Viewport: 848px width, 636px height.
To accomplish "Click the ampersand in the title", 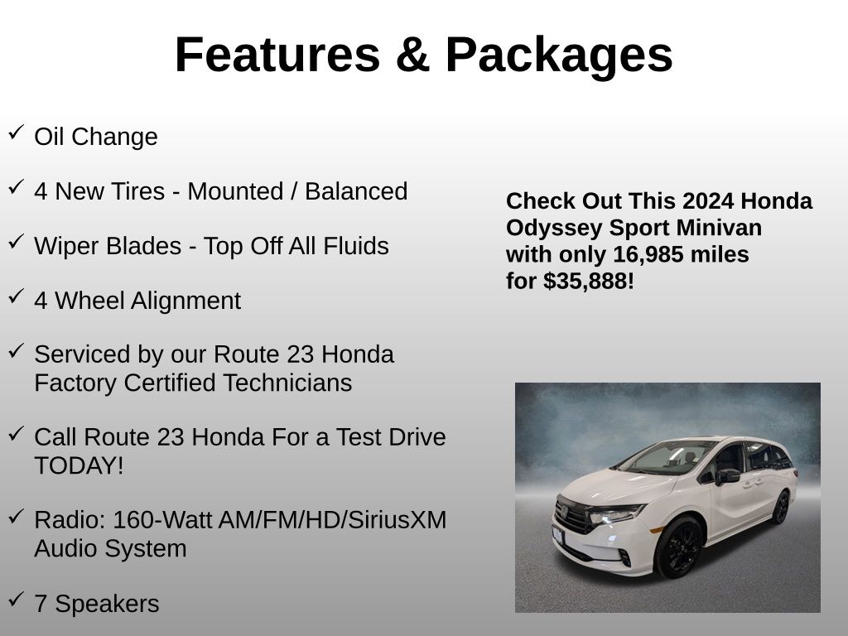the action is pos(412,54).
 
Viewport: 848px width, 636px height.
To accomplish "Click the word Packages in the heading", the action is pos(559,55).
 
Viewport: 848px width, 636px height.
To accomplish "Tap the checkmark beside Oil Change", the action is pos(17,132).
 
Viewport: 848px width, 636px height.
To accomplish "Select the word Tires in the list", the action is pos(137,191).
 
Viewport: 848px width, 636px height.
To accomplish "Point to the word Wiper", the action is pos(70,246).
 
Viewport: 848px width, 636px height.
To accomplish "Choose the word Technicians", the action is pos(287,383).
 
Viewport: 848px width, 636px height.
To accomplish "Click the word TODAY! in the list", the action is pos(79,465).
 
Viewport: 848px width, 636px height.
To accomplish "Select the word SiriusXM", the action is pos(397,520).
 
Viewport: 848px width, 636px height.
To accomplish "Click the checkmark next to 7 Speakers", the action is pos(17,599).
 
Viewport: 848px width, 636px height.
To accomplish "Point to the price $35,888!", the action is pos(589,282).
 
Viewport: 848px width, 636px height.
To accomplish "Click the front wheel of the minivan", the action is pos(678,547).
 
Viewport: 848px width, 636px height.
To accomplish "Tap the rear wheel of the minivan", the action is pos(780,508).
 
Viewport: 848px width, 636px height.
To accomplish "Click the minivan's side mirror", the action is pos(727,476).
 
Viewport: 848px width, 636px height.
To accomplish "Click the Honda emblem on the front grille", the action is pos(563,511).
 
